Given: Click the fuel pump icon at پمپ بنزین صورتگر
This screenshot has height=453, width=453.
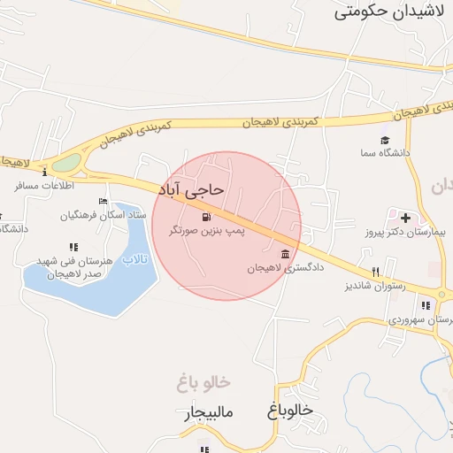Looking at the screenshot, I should [x=206, y=216].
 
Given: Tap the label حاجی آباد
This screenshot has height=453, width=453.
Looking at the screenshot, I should [x=192, y=189].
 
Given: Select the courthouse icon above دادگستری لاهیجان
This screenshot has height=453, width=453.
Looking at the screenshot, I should [x=285, y=254].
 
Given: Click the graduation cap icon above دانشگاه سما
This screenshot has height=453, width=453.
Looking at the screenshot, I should [x=385, y=140].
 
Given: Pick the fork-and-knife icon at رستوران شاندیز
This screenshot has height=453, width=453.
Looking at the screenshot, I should [x=376, y=272].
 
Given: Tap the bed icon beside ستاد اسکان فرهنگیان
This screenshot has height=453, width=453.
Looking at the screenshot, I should [x=103, y=202].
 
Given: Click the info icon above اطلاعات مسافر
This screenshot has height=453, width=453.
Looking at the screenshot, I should [x=44, y=173].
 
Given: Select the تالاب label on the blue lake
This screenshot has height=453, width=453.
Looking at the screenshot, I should [x=134, y=258].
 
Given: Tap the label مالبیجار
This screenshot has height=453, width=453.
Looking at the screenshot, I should [x=209, y=413].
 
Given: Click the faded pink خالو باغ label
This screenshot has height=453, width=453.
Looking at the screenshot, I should [x=203, y=383].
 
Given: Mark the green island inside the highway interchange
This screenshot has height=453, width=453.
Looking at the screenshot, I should [x=65, y=164].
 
